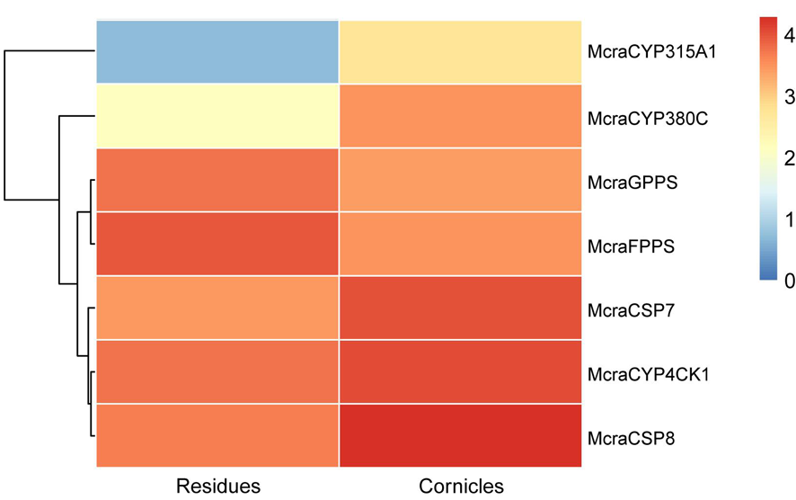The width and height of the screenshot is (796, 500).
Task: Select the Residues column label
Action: click(x=218, y=486)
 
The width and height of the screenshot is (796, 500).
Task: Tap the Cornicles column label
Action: click(x=461, y=486)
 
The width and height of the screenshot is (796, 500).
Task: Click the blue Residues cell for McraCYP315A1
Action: click(x=218, y=52)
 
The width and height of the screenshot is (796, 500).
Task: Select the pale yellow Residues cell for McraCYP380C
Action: click(x=218, y=117)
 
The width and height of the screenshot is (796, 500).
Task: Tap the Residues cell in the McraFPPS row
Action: click(x=218, y=245)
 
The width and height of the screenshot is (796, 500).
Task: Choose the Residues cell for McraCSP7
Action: click(x=218, y=308)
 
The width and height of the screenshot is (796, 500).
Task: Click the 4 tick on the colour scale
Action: click(x=788, y=36)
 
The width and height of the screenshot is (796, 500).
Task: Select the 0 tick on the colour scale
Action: click(x=788, y=281)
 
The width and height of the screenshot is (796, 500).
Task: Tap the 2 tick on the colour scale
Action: click(x=788, y=158)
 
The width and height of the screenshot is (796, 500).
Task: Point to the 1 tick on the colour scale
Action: click(x=788, y=220)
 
